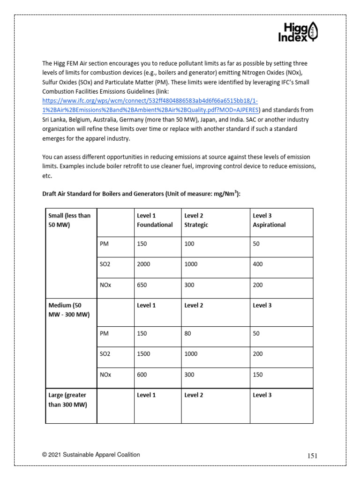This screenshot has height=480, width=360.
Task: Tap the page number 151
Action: point(313,456)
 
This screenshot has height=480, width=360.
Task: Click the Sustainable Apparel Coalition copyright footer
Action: point(90,455)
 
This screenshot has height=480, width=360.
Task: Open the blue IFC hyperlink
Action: point(150,105)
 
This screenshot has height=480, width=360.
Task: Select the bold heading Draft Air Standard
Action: point(141,194)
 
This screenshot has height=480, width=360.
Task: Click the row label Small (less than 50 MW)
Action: point(69,220)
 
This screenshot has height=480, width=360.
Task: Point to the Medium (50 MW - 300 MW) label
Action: point(69,309)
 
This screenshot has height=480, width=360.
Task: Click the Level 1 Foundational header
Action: point(155,220)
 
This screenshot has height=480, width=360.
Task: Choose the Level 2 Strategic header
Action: point(196,220)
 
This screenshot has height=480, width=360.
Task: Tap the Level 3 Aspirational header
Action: point(269,220)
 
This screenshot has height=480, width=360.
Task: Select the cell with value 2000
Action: point(144,264)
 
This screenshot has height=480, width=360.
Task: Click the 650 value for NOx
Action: point(142,285)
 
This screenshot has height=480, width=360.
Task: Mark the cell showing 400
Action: point(258,264)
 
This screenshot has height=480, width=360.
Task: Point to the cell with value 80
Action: point(188,334)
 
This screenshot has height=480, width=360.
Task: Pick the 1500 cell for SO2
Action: point(144,354)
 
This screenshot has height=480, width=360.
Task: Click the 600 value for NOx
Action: point(142,375)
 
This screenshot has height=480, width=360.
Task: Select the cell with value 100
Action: point(189,244)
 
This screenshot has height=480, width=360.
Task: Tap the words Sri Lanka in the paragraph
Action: point(55,119)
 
